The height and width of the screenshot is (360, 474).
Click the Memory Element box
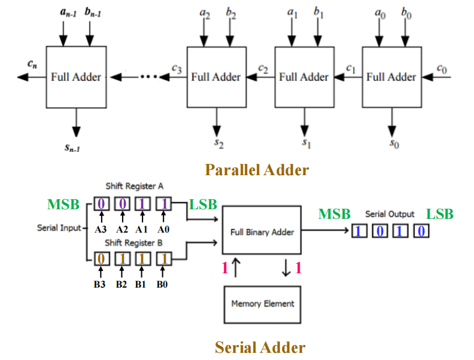pos(262,304)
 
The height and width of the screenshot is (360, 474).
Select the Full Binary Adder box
pos(262,231)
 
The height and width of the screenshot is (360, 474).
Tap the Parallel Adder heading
pos(257,170)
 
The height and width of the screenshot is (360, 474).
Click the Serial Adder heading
pos(260,347)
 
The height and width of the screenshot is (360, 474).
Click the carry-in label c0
pos(442,69)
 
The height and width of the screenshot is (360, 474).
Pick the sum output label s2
pos(220,144)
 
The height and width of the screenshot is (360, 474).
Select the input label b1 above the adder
pos(318,13)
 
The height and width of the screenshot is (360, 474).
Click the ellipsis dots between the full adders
pos(148,77)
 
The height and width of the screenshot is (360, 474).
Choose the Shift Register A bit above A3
pos(102,204)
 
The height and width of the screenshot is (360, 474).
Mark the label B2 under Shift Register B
pos(121,285)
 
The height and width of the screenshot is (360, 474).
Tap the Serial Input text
pos(58,228)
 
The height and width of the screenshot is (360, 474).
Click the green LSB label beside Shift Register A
pos(203,205)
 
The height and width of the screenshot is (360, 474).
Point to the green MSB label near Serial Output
pos(334,213)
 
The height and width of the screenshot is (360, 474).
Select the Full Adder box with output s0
pos(391,77)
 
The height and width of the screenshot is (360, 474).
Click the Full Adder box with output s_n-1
pos(76,77)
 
